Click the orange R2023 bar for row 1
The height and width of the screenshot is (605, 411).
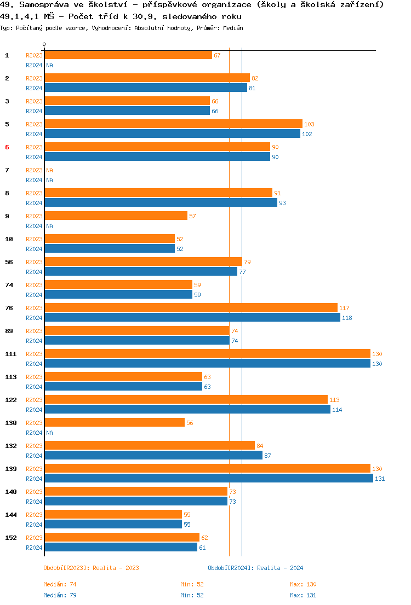pos(128,55)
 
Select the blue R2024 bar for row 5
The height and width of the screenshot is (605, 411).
pos(172,134)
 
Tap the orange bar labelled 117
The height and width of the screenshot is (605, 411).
pos(191,308)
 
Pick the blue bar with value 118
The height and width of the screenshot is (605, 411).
pos(192,318)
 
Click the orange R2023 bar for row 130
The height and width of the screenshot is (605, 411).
pos(114,423)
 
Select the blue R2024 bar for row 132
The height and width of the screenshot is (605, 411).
pos(153,456)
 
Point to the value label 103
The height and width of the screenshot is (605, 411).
pos(309,124)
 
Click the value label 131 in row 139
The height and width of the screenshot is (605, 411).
pos(380,479)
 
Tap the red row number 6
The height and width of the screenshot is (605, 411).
pos(7,147)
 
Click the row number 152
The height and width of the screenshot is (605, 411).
pos(11,538)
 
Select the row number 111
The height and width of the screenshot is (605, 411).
pos(11,354)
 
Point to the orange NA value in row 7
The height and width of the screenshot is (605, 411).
pos(49,170)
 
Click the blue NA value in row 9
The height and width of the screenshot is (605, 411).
pos(49,226)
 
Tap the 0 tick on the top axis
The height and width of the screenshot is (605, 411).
pos(44,45)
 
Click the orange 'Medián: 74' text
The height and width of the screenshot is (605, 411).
pos(56,584)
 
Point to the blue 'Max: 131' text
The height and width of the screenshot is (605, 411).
pos(303,595)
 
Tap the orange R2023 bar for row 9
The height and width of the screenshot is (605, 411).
pos(116,216)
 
